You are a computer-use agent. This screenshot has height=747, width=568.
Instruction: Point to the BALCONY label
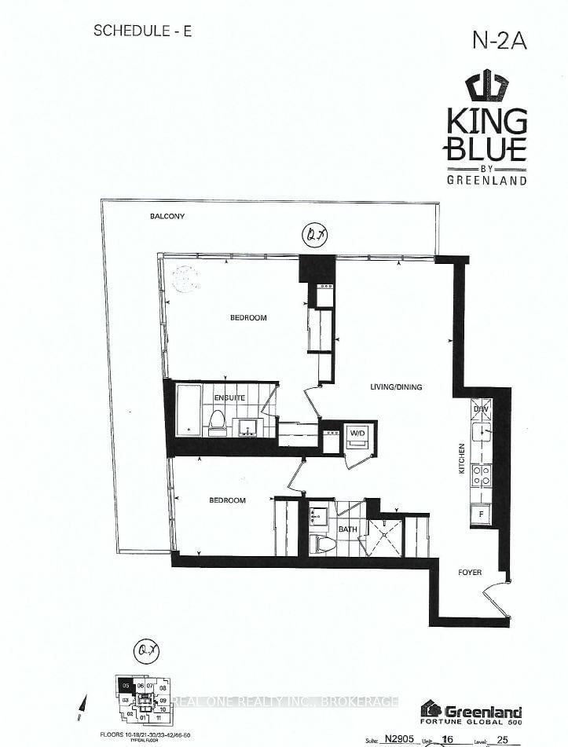point(167,216)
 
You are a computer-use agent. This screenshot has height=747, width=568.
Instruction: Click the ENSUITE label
point(229,398)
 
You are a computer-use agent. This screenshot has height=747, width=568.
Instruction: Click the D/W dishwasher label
point(480,409)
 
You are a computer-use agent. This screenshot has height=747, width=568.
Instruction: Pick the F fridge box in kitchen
point(481,514)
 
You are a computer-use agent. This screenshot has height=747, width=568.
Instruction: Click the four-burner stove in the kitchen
point(480,474)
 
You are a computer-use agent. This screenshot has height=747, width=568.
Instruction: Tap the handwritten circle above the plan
point(315,234)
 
